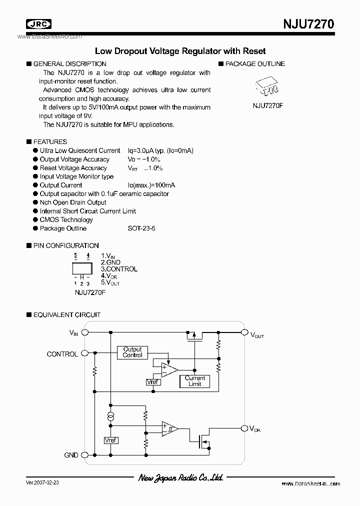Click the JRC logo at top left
coord(39,24)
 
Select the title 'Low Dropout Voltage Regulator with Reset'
coord(180,51)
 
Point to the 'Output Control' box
coord(132,352)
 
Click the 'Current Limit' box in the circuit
coord(195,381)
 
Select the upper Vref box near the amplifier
coord(152,382)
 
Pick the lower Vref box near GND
coord(110,440)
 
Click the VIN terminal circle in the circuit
coord(85,332)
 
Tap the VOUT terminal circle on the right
coord(244,332)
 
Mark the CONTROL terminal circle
coord(85,353)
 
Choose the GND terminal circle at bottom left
coord(85,455)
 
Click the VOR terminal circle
coord(244,428)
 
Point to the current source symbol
coord(110,416)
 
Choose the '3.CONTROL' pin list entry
coord(119,269)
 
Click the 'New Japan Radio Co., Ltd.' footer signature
coord(180,478)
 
